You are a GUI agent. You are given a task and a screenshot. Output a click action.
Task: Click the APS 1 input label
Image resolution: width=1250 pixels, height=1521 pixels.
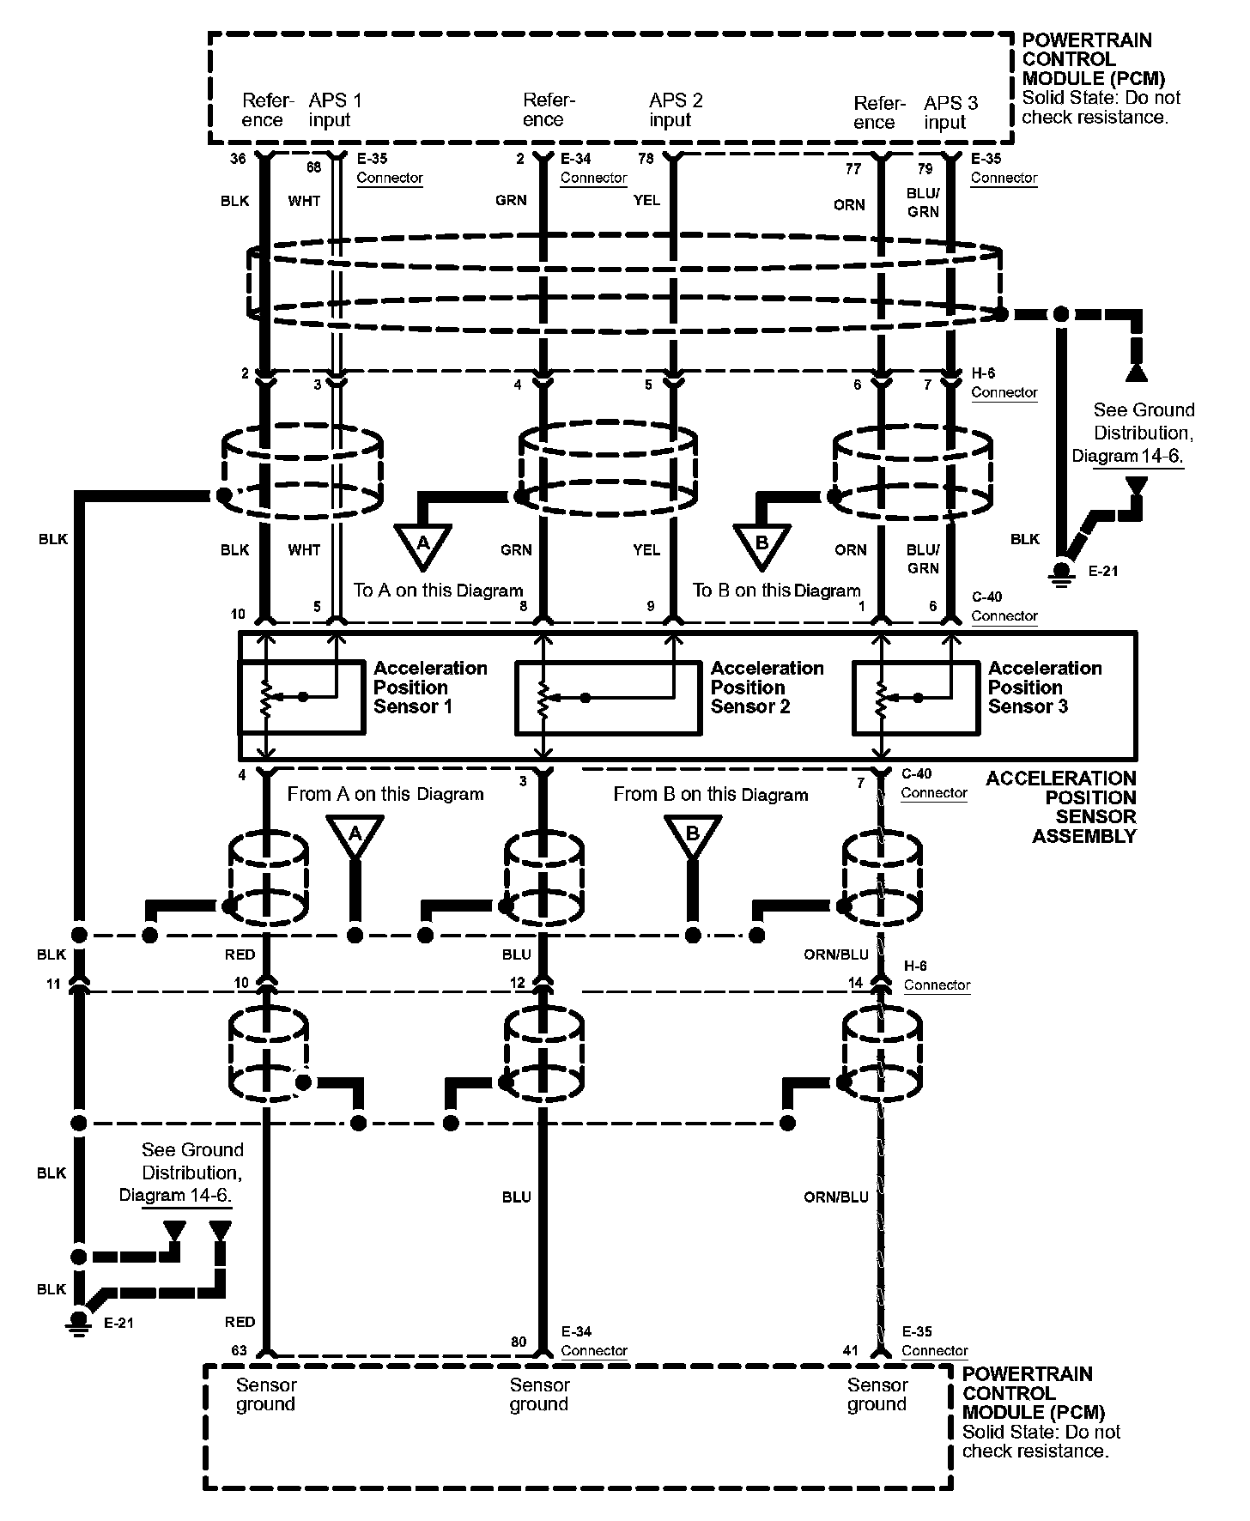335,110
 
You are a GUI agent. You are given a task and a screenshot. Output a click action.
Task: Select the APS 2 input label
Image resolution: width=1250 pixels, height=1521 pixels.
675,110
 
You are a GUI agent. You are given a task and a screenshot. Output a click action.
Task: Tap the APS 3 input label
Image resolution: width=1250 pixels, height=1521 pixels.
950,112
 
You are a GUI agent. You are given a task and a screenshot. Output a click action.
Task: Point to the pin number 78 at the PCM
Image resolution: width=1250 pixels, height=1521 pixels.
645,159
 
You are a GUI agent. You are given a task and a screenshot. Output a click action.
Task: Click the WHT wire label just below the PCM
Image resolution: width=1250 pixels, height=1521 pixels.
304,201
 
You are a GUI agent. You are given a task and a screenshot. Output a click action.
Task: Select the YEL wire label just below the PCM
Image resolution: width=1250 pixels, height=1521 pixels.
646,200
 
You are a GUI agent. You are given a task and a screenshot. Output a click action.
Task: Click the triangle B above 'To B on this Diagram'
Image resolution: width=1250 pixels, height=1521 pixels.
762,546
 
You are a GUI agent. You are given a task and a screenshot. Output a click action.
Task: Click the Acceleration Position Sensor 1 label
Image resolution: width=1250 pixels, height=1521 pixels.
429,688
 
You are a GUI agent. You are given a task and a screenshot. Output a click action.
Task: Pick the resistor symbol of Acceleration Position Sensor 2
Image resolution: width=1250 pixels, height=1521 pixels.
543,698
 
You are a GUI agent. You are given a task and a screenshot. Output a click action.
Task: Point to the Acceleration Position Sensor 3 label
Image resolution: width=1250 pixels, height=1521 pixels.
1044,688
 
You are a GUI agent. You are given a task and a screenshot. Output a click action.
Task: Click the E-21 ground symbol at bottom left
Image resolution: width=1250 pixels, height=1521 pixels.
79,1322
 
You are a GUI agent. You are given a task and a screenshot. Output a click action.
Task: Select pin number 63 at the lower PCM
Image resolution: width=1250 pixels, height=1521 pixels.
239,1350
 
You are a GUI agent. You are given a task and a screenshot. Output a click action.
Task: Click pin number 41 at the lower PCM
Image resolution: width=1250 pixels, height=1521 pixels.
850,1350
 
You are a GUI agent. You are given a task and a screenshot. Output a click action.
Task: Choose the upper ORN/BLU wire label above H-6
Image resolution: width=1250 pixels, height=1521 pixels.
835,954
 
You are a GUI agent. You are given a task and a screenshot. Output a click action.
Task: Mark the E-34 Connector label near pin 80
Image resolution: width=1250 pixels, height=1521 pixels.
593,1341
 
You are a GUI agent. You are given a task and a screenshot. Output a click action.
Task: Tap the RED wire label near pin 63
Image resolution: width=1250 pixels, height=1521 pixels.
240,1322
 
